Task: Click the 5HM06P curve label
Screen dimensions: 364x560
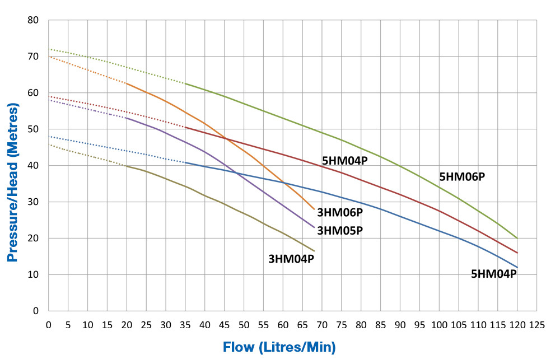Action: pyautogui.click(x=462, y=177)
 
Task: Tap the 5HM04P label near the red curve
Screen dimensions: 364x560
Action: pyautogui.click(x=344, y=161)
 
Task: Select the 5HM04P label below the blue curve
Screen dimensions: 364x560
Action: pyautogui.click(x=493, y=274)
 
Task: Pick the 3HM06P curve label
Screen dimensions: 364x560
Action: pyautogui.click(x=340, y=212)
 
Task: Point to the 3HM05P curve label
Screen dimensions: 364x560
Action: pyautogui.click(x=340, y=230)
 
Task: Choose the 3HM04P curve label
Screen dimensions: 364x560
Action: pyautogui.click(x=291, y=259)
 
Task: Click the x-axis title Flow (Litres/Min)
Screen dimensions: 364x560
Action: pyautogui.click(x=279, y=347)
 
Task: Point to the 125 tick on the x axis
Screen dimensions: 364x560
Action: pyautogui.click(x=536, y=324)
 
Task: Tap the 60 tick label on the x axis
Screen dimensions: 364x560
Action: pyautogui.click(x=283, y=324)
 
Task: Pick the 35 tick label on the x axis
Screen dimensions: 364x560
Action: pyautogui.click(x=185, y=324)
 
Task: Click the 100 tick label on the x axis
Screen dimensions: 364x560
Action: pyautogui.click(x=439, y=324)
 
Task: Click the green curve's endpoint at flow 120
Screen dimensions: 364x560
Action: pyautogui.click(x=517, y=238)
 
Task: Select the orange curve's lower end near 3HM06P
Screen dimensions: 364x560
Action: pyautogui.click(x=314, y=209)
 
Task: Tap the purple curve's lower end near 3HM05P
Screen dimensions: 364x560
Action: pyautogui.click(x=314, y=227)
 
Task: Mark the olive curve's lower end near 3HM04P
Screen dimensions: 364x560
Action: pyautogui.click(x=314, y=251)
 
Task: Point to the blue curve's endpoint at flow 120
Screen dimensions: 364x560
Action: pyautogui.click(x=517, y=267)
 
